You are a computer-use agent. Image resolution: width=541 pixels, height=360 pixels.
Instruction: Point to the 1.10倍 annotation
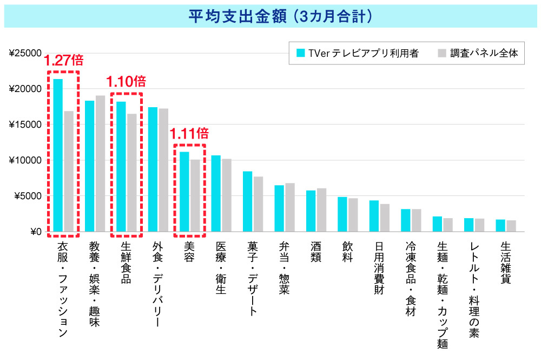tap(126, 82)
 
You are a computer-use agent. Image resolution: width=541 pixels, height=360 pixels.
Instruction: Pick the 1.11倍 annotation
tap(189, 133)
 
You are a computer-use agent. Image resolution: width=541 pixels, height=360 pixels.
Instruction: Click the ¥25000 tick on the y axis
tap(25, 53)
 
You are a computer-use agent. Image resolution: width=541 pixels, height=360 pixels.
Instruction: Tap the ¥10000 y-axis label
tap(25, 160)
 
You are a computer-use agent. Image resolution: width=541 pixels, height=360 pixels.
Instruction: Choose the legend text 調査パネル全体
tap(484, 54)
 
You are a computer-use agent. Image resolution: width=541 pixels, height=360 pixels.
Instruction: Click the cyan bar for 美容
tap(184, 192)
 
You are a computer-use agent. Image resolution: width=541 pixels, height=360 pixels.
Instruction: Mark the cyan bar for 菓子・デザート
tap(247, 201)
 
